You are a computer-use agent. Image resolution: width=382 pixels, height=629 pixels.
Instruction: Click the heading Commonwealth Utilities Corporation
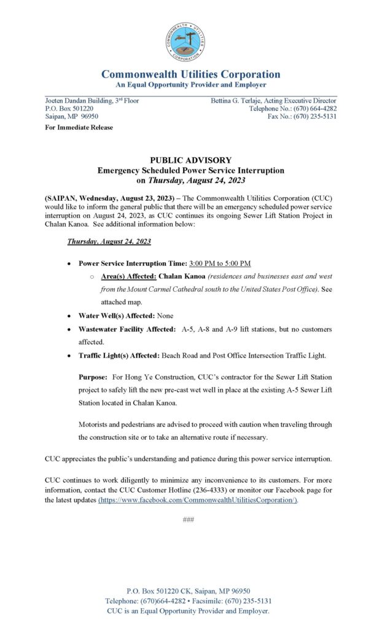pos(190,74)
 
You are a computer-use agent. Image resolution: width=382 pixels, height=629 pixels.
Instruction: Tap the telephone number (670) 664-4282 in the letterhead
pos(311,109)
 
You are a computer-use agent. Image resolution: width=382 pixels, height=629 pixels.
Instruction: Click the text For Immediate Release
pos(79,128)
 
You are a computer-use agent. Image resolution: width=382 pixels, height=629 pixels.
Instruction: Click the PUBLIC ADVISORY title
pos(190,160)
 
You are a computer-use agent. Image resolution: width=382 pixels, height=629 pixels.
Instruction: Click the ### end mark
pos(189,520)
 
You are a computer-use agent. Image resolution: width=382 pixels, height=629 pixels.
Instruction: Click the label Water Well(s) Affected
pos(116,315)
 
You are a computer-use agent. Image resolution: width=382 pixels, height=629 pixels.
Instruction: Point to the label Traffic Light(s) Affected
pos(119,356)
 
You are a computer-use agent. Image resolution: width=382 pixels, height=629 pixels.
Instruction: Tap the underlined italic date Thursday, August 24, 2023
pos(109,242)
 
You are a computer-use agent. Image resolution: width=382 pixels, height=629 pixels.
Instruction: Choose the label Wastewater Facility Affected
pos(127,329)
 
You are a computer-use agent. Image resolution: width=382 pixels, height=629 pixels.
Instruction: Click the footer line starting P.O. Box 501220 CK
pos(188,591)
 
